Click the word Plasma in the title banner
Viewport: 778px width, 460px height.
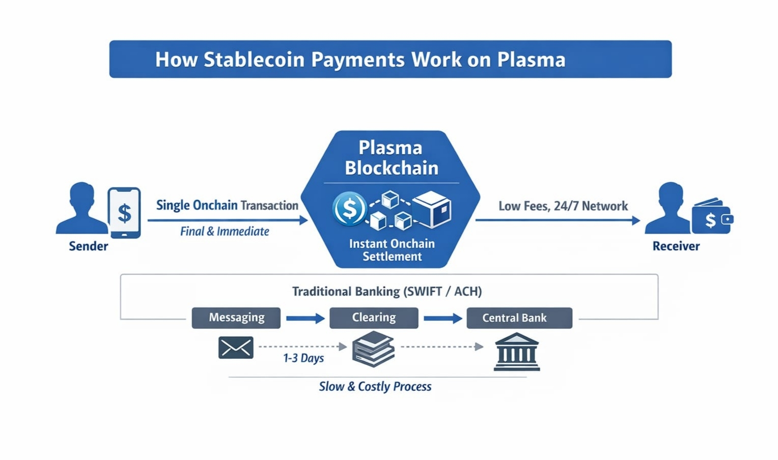click(x=531, y=60)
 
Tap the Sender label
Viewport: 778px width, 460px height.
click(x=89, y=246)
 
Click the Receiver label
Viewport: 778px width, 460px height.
click(x=676, y=246)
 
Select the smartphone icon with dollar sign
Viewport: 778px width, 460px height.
click(x=124, y=213)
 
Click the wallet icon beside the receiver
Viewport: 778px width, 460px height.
click(x=712, y=217)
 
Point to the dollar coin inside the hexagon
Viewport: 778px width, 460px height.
click(x=349, y=209)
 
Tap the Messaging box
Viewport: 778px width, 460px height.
click(x=236, y=318)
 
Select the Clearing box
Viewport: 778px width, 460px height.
click(x=374, y=318)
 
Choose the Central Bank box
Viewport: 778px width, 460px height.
click(x=519, y=318)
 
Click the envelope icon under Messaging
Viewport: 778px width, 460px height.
click(x=236, y=348)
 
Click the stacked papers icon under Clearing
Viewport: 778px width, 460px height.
click(x=373, y=349)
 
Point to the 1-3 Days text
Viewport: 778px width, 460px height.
click(x=303, y=358)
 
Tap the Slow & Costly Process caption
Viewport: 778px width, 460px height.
click(x=375, y=387)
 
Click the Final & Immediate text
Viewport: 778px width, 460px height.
click(x=225, y=232)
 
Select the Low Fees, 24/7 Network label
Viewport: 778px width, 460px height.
click(x=563, y=206)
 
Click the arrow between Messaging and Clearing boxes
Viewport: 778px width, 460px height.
click(x=305, y=319)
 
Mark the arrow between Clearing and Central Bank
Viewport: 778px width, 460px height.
click(x=442, y=319)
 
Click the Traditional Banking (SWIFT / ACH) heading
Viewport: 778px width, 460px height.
click(x=387, y=292)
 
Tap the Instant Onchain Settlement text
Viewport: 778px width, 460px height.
click(x=392, y=250)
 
